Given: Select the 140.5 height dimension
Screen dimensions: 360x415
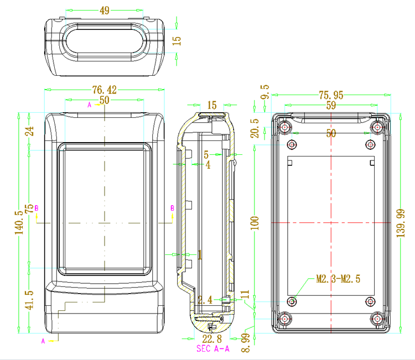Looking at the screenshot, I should click(20, 223).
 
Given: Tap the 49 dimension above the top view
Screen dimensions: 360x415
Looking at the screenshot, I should click(104, 11).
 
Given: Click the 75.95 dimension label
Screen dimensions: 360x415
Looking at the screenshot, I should click(330, 95).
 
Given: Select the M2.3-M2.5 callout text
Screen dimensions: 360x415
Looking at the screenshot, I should click(338, 279).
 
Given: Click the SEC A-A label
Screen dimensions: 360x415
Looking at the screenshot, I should click(212, 349).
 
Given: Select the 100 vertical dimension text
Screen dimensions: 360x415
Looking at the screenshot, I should click(255, 223).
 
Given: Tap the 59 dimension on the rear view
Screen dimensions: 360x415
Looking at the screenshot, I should click(330, 105).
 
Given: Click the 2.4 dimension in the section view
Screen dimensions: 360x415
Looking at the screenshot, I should click(204, 300).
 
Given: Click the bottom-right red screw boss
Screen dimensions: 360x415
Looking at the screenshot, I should click(378, 319).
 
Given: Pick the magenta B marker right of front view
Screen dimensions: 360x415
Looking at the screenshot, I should click(172, 208).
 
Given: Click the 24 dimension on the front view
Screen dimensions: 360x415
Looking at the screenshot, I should click(30, 131).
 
